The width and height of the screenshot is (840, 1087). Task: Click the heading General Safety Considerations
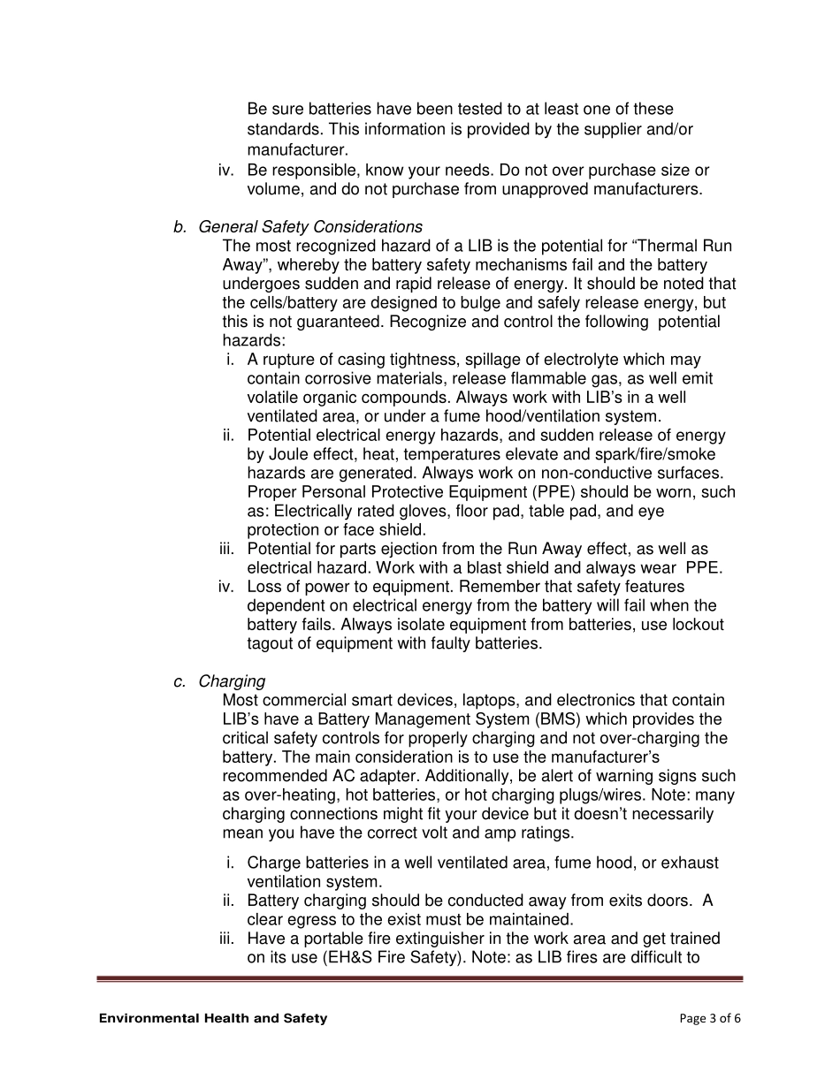pos(310,227)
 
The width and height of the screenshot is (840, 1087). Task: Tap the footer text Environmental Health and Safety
pos(213,1018)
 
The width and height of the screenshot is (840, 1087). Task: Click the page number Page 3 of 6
pos(710,1018)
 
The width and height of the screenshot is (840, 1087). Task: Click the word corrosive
pos(340,379)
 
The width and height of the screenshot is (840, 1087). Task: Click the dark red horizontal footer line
pos(420,978)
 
